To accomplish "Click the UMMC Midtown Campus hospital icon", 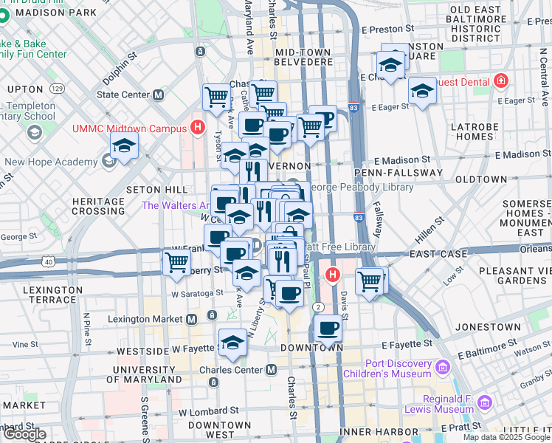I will coord(197,127).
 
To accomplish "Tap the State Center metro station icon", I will coord(158,95).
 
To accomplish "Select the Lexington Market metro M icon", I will coord(191,319).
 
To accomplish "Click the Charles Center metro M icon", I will coord(272,369).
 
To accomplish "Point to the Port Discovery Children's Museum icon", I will coord(442,367).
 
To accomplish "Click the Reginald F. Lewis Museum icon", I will coord(485,402).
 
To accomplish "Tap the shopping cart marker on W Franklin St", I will coord(177,262).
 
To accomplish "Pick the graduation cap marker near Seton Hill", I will coord(125,145).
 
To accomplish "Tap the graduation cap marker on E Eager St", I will coord(422,91).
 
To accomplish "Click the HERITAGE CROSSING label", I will coord(98,206).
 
